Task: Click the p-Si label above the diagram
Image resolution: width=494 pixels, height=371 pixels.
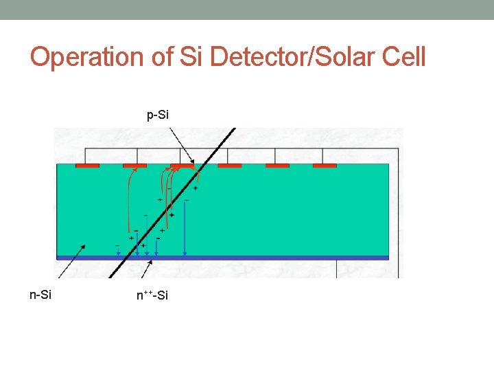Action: (x=158, y=115)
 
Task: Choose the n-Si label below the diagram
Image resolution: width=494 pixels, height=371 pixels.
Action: (x=40, y=295)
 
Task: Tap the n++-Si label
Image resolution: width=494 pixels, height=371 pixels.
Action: (x=152, y=295)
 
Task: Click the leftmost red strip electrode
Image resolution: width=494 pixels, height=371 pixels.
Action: (x=87, y=166)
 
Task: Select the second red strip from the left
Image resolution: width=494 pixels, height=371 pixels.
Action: (x=134, y=166)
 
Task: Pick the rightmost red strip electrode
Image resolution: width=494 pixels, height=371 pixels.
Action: (x=325, y=166)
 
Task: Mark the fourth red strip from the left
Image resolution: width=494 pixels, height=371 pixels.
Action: (x=230, y=166)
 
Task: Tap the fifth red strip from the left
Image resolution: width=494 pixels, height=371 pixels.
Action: (x=277, y=166)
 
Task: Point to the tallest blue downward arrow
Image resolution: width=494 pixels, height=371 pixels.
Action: (x=186, y=227)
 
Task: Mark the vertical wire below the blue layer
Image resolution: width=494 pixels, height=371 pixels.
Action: (x=337, y=269)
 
